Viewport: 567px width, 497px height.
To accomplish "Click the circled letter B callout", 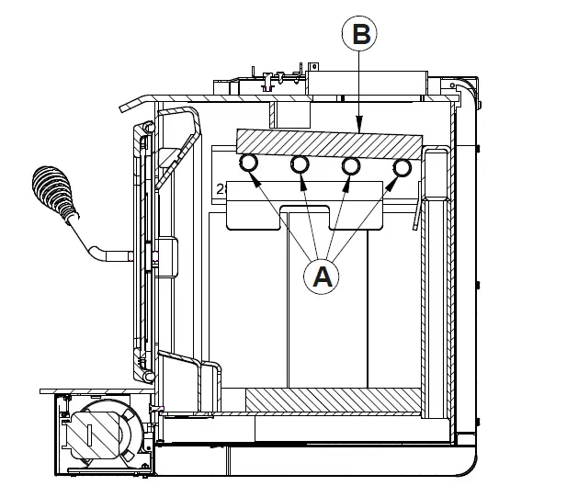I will [360, 35].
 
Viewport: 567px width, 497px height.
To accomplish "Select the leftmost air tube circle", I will [247, 164].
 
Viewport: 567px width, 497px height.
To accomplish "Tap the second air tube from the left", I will [300, 164].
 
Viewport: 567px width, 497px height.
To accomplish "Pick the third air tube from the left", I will [350, 165].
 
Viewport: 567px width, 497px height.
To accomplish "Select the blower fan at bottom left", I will [96, 431].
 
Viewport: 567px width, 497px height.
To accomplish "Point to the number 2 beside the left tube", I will [221, 189].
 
